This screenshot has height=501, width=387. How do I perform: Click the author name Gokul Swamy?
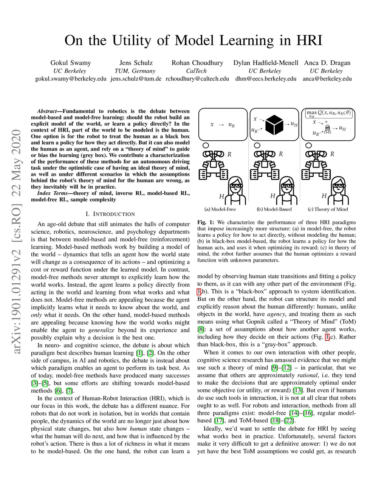(x=71, y=63)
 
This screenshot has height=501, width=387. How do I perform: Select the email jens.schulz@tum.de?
(x=136, y=79)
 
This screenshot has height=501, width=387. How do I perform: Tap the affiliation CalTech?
(x=197, y=71)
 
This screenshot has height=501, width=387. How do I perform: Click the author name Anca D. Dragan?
(x=327, y=63)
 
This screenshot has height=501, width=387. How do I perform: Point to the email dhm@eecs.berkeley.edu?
(x=266, y=79)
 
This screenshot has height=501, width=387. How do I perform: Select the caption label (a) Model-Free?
(x=220, y=209)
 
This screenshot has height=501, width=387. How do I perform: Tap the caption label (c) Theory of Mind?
(x=328, y=209)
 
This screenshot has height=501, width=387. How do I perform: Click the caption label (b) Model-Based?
(x=274, y=209)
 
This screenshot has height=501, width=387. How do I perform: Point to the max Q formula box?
(x=328, y=113)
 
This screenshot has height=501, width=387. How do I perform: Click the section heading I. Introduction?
(x=110, y=214)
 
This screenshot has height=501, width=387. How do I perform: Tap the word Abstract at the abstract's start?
(x=47, y=111)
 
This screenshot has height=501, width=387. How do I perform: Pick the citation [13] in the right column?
(x=297, y=390)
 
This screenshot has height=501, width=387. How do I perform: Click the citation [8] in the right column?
(x=201, y=329)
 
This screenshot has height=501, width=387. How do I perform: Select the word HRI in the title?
(x=309, y=40)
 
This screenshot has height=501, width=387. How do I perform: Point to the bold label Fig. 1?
(x=206, y=222)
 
